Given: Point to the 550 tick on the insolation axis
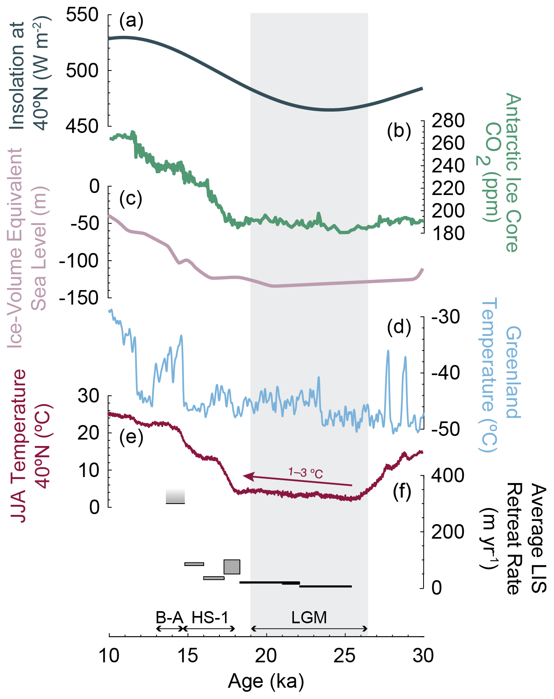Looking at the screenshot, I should (x=82, y=15).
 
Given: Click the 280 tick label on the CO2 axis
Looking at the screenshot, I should (x=448, y=120).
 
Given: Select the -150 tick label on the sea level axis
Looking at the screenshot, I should (x=79, y=298).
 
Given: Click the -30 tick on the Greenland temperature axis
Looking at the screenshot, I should (x=446, y=317).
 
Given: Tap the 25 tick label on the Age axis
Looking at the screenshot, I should (x=345, y=656).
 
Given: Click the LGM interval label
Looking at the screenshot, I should (x=309, y=618).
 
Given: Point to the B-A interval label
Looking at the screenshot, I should (x=169, y=618).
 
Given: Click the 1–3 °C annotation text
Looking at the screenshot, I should (x=306, y=472).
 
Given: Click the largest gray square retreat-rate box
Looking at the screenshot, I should (x=232, y=567).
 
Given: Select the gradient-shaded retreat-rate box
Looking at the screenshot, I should (x=175, y=496).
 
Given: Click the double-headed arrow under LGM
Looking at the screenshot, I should (x=309, y=629).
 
